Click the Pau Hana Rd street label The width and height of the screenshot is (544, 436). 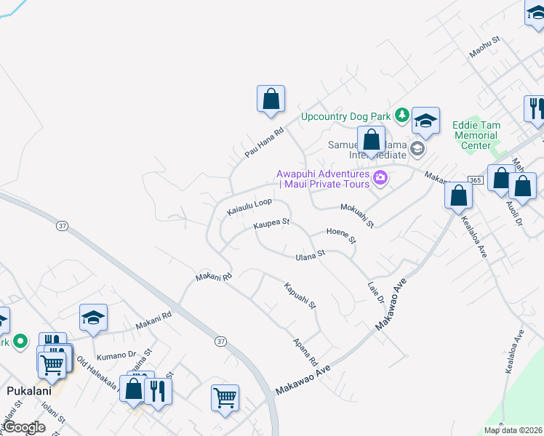point(263,143)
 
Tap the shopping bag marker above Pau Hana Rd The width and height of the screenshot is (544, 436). point(271,99)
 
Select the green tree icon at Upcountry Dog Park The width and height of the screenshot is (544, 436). point(401,115)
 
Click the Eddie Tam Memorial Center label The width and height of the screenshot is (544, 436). point(476,135)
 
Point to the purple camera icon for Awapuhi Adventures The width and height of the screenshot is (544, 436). point(380,178)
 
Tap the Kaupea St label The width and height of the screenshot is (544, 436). point(271,225)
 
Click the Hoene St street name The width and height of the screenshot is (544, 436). point(342,235)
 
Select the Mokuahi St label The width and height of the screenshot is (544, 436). point(357,215)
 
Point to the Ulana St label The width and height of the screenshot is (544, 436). point(309,254)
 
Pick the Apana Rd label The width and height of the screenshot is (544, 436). point(305,352)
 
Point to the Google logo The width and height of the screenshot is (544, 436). point(25,427)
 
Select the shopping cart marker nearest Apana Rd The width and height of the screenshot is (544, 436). point(225,397)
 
